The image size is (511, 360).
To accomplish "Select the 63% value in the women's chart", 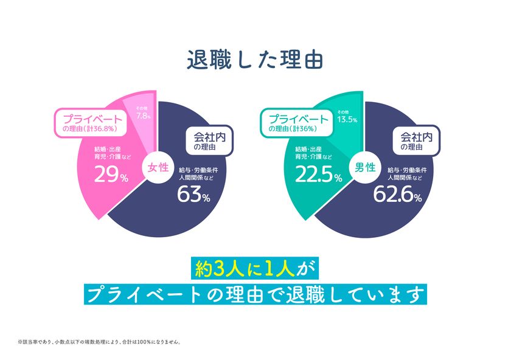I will (x=193, y=195).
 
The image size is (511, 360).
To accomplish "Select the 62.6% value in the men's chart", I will (x=401, y=195).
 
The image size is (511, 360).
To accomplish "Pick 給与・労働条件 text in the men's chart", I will (x=409, y=170).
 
